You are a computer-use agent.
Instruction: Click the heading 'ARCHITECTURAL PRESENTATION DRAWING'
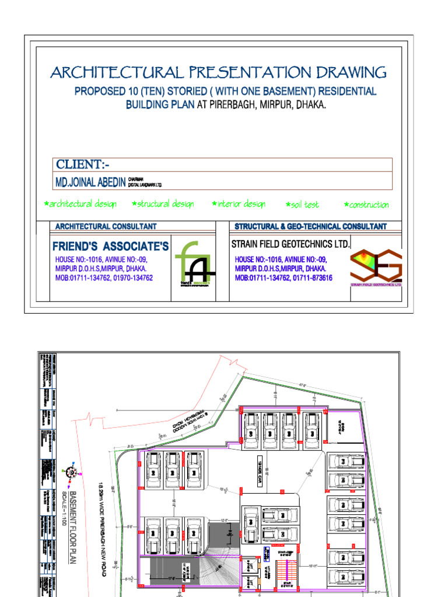[218, 73]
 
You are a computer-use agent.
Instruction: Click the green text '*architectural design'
[80, 204]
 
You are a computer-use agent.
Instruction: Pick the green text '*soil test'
[302, 205]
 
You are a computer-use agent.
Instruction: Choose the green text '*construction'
[366, 205]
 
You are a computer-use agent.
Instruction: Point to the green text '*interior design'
[239, 204]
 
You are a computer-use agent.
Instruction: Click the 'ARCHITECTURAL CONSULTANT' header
[106, 226]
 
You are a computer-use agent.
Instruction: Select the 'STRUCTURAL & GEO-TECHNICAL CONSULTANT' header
[310, 226]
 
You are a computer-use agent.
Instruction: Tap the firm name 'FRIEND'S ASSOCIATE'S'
[110, 247]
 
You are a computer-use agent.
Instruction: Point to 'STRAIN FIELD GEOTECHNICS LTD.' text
[290, 244]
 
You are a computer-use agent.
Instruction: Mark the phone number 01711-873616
[311, 279]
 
